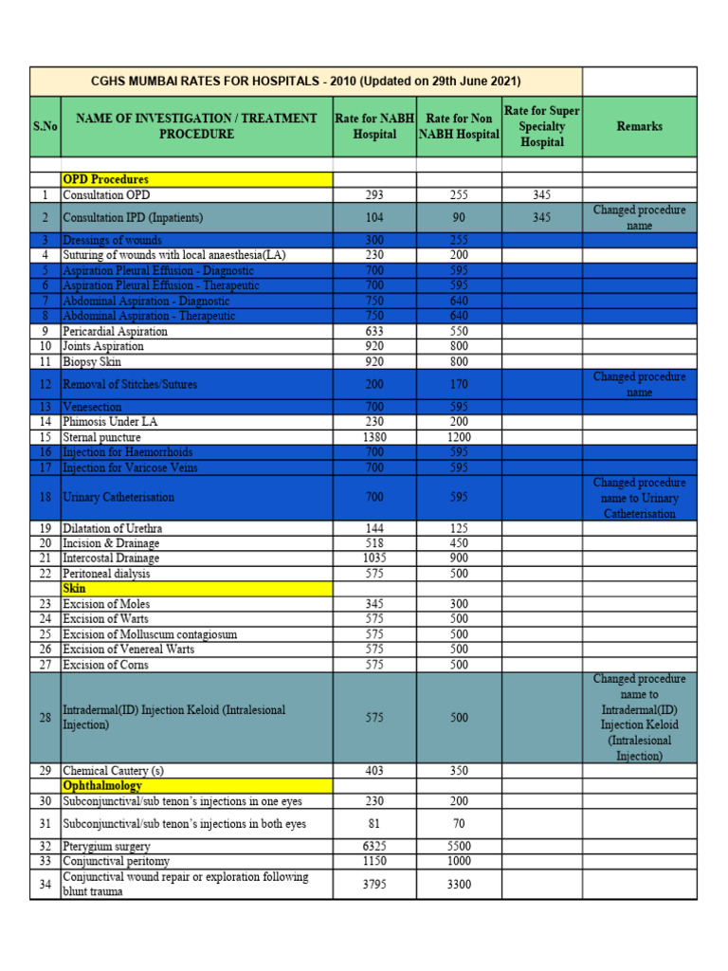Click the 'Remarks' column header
tap(639, 126)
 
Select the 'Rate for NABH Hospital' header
tap(374, 126)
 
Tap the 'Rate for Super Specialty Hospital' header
tap(541, 126)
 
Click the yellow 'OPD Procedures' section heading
tap(105, 179)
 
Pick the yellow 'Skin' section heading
tap(74, 589)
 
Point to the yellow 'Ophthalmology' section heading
tap(102, 786)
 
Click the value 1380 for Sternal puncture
tap(374, 437)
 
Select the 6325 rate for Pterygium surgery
tap(374, 846)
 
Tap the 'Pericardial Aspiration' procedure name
tap(115, 332)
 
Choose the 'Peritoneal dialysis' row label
tap(106, 574)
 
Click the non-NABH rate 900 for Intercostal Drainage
tap(459, 559)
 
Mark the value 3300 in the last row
tap(459, 885)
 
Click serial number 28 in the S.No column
tap(45, 718)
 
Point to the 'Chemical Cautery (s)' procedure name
tap(113, 771)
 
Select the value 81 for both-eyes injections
tap(374, 824)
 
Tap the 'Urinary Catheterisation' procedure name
tap(118, 497)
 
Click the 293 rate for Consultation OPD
tap(374, 194)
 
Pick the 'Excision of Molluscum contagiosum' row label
tap(150, 634)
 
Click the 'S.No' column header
tap(45, 126)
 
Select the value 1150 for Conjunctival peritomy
tap(374, 861)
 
